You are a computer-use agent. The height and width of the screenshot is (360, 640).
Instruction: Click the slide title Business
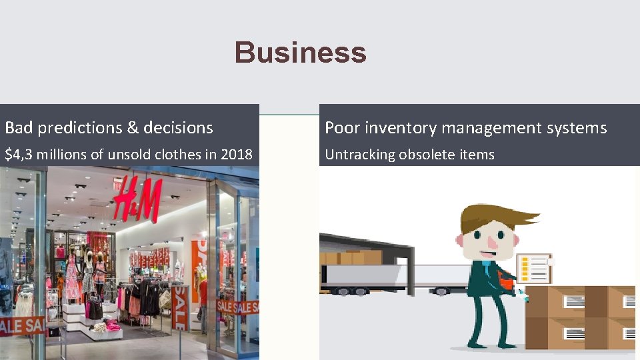(x=300, y=53)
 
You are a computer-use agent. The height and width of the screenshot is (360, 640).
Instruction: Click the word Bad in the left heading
(x=18, y=127)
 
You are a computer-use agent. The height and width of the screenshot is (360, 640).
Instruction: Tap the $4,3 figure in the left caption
(x=19, y=155)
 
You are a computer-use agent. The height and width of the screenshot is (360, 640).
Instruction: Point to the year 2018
(x=237, y=155)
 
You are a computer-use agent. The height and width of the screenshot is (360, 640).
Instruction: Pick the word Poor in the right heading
(x=340, y=127)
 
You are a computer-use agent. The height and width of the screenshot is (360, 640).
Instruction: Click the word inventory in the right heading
(x=396, y=127)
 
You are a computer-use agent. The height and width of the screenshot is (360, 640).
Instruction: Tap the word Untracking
(x=359, y=155)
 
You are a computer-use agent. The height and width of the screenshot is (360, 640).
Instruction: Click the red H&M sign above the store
(x=137, y=199)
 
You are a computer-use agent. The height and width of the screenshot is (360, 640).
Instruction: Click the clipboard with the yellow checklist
(x=534, y=269)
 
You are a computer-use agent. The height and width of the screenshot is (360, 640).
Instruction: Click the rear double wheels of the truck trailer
(x=351, y=291)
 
